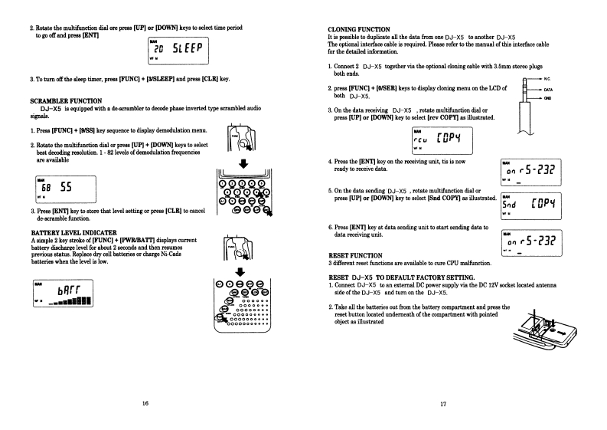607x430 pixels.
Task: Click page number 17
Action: tap(443, 403)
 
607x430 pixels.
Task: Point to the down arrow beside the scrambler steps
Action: tap(243, 162)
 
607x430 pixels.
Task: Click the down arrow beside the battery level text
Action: tap(243, 270)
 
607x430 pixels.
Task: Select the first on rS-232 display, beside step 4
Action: tap(526, 172)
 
